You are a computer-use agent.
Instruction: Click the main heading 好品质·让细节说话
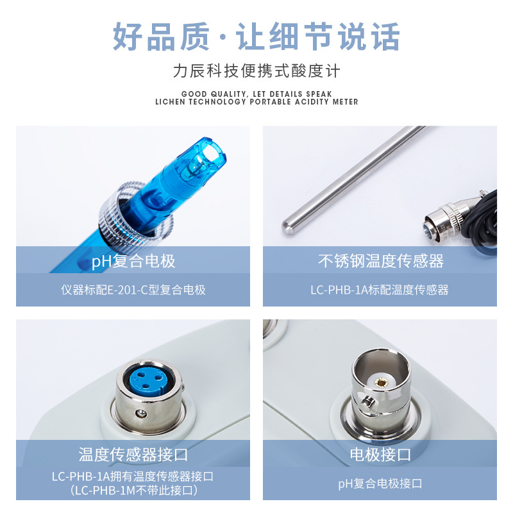coord(256,37)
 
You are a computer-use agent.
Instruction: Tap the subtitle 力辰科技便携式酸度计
coord(256,71)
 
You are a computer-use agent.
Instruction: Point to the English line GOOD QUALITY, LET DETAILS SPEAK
coord(256,94)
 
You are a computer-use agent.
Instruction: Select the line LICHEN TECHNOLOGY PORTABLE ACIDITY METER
coord(256,102)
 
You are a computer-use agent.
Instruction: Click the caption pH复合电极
coord(133,261)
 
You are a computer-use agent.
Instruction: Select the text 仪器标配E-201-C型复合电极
coord(133,290)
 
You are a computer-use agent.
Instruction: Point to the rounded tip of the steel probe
coord(289,224)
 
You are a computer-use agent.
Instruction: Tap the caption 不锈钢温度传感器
coord(380,261)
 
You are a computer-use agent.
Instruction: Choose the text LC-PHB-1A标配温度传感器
coord(380,290)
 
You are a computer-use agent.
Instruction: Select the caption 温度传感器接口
coord(133,455)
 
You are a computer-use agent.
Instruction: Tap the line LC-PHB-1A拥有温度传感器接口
coord(133,476)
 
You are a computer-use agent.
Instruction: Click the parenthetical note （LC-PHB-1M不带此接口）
coord(133,491)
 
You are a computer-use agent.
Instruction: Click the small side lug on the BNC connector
coord(367,402)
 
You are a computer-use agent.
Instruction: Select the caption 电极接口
coord(380,455)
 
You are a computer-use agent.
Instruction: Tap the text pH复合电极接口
coord(380,484)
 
